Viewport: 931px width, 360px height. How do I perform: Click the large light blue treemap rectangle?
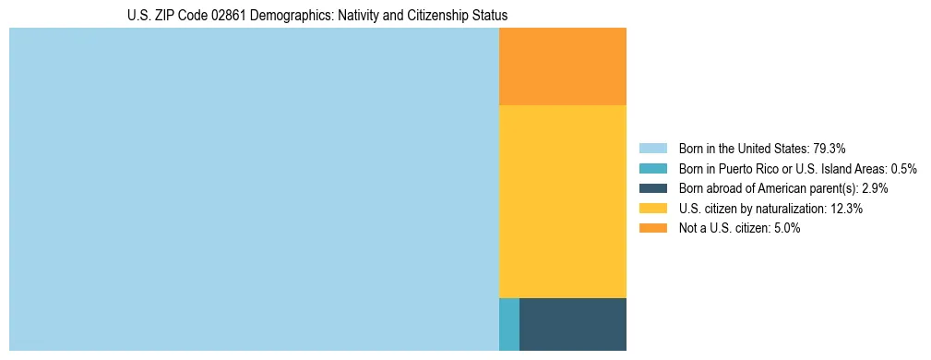(x=254, y=189)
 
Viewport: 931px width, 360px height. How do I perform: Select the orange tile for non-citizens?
(x=562, y=66)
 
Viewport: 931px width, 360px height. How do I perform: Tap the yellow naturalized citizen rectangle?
(x=562, y=201)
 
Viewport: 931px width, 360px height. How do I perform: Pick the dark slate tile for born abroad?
(x=572, y=324)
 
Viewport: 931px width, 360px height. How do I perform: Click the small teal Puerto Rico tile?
(x=508, y=324)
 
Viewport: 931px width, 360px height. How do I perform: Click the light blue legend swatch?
(x=652, y=149)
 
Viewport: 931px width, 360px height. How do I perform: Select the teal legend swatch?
(x=652, y=169)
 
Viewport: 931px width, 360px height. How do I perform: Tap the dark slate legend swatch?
(x=652, y=188)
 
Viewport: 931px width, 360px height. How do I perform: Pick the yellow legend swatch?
(x=652, y=209)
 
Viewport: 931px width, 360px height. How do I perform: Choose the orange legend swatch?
(x=652, y=228)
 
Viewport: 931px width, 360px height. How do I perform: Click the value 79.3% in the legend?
(x=829, y=149)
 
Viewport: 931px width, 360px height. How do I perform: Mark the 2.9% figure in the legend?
(x=875, y=188)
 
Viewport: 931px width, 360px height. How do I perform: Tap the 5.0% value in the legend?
(x=787, y=228)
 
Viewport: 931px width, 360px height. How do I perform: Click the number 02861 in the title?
(x=204, y=16)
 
